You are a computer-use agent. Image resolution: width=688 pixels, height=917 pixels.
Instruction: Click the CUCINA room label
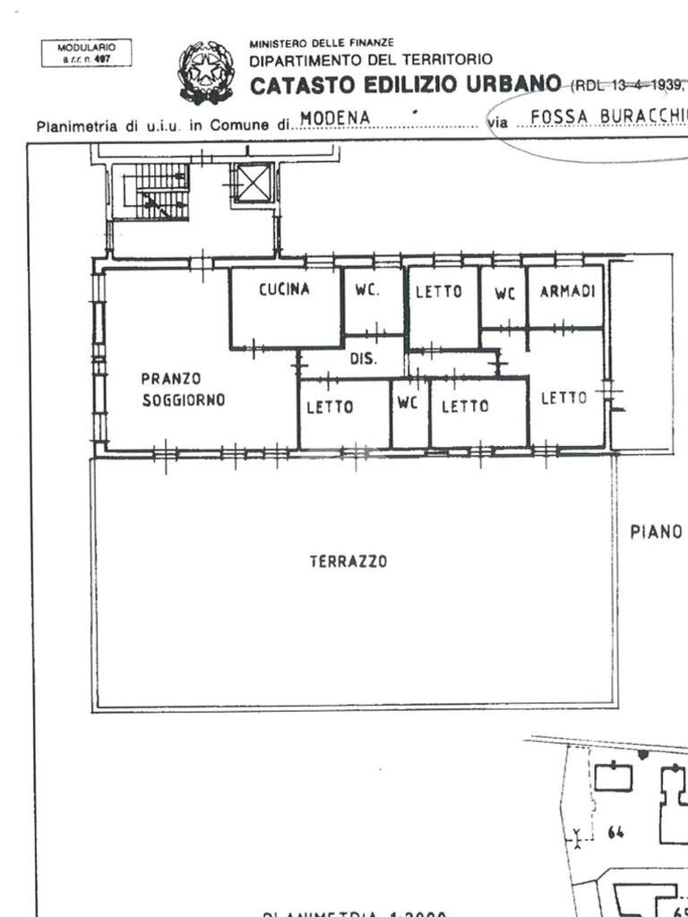point(284,289)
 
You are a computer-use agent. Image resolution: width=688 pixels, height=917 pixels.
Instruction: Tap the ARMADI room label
point(567,292)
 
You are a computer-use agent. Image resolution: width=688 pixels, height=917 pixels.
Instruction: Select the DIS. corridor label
point(363,360)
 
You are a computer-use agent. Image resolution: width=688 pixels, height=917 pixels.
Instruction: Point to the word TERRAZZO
point(348,561)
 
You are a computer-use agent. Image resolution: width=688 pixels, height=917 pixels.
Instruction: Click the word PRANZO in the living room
point(170,379)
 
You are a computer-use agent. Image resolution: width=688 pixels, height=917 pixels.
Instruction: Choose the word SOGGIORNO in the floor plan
point(184,400)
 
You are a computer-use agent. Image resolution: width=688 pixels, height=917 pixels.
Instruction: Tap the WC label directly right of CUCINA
point(365,291)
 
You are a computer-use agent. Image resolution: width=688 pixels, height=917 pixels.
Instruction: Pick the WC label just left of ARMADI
point(504,294)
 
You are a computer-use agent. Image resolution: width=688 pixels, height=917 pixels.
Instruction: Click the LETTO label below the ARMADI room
point(564,398)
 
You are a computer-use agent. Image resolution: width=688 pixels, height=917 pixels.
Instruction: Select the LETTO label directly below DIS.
point(330,407)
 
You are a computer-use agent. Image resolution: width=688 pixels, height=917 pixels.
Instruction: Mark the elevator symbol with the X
point(253,183)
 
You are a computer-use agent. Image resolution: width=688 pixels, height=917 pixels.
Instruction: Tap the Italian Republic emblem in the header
point(206,72)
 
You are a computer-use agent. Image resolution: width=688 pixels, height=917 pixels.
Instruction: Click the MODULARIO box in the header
point(86,53)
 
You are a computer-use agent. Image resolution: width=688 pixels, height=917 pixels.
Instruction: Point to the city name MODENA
point(335,117)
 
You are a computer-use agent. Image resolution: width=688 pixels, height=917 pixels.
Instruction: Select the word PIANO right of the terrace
point(656,532)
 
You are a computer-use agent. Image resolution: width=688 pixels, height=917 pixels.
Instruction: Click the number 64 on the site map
point(615,833)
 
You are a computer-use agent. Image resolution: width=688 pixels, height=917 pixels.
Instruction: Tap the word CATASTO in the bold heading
point(299,86)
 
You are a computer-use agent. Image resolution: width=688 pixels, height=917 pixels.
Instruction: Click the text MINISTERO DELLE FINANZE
point(321,42)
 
